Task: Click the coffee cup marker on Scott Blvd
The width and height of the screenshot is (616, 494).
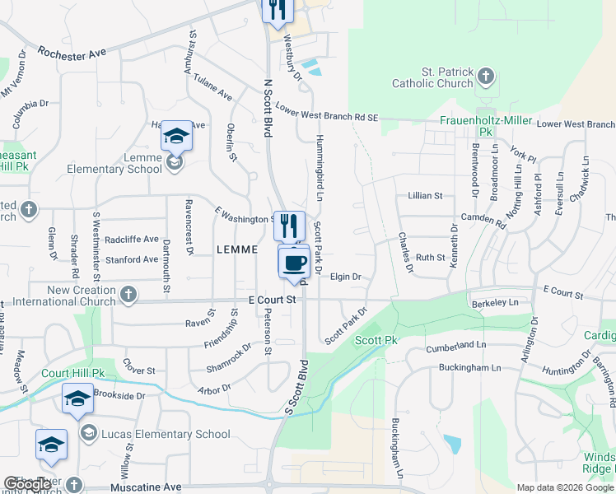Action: click(x=294, y=263)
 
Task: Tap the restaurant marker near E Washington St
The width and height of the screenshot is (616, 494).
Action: click(x=288, y=226)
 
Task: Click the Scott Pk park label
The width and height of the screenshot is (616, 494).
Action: click(x=376, y=340)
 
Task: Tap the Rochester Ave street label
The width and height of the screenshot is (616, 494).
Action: click(x=72, y=52)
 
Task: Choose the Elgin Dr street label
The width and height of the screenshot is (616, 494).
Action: click(x=346, y=277)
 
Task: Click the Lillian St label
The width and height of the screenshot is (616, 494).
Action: click(x=426, y=196)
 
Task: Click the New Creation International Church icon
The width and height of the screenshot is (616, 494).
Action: click(x=128, y=294)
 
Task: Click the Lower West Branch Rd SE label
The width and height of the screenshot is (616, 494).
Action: click(x=327, y=113)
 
